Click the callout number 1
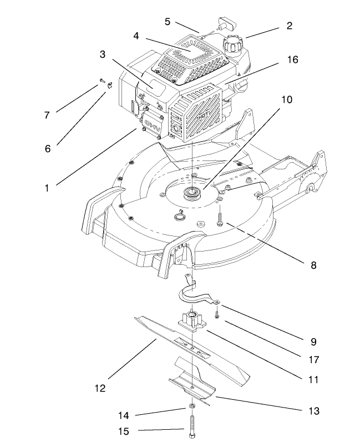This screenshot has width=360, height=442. pyautogui.click(x=48, y=188)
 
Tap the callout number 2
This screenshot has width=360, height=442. pyautogui.click(x=289, y=26)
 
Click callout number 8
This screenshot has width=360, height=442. pyautogui.click(x=313, y=265)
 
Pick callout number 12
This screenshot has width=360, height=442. pyautogui.click(x=100, y=388)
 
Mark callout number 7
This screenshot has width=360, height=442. pyautogui.click(x=47, y=115)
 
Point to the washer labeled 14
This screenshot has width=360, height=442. pyautogui.click(x=191, y=409)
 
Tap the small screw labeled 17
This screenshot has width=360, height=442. pyautogui.click(x=217, y=316)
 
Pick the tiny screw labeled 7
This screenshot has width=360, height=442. pyautogui.click(x=103, y=81)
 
